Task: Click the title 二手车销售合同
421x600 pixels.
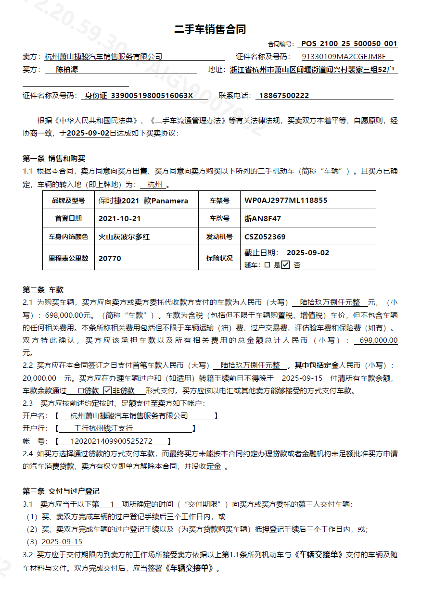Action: pos(210,30)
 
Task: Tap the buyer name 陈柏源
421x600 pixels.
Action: pos(67,70)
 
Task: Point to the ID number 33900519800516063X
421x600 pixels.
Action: pos(152,96)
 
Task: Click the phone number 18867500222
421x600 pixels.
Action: pos(284,96)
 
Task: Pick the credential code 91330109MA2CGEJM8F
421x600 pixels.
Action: pos(344,57)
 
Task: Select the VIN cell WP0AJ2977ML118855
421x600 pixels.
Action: pos(286,200)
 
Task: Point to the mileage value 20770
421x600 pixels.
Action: pos(110,258)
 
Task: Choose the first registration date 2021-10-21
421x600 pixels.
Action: pos(120,218)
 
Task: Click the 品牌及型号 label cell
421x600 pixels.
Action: pos(68,200)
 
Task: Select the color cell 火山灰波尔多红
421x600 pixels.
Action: pos(124,237)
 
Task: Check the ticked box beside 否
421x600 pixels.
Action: pos(285,264)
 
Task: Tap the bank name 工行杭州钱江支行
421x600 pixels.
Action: pos(104,428)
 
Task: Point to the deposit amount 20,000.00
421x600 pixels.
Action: pos(39,378)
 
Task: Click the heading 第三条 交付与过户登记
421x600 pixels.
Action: pos(61,491)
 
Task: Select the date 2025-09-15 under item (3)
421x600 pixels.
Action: pos(62,542)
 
